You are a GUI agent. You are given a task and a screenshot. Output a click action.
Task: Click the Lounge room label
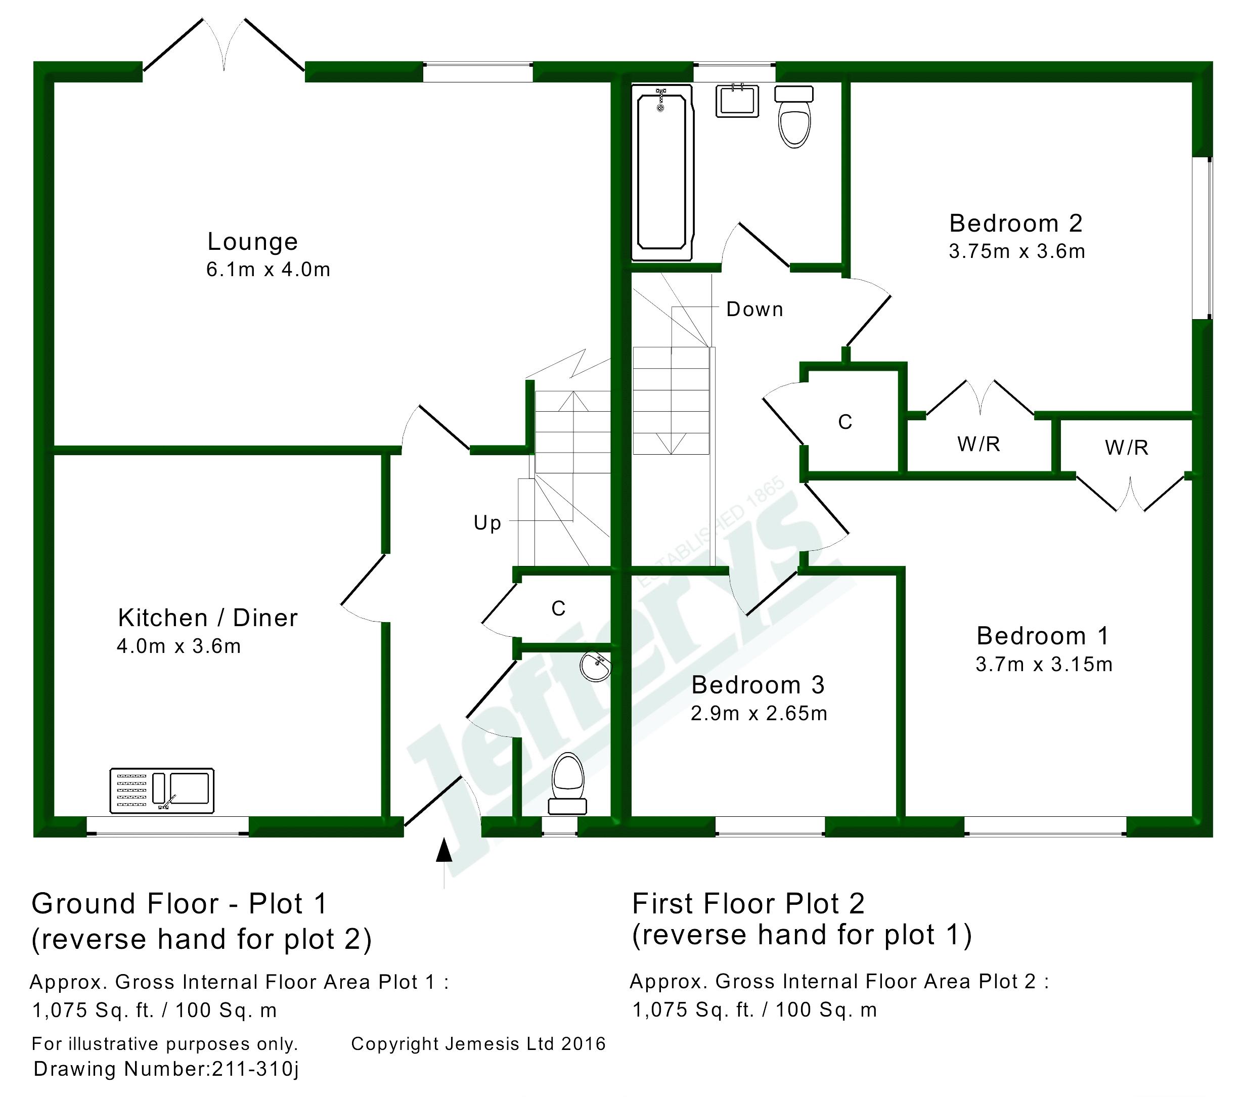(x=252, y=242)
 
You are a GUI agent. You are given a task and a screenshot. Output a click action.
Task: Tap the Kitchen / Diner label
(x=208, y=618)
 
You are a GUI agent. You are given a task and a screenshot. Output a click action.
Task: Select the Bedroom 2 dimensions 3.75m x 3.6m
(x=1016, y=251)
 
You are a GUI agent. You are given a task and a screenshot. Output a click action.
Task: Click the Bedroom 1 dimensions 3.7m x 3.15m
(x=1044, y=664)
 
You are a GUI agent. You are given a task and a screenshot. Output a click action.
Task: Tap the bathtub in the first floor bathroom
(x=662, y=172)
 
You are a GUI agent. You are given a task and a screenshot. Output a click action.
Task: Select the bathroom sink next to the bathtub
(x=737, y=101)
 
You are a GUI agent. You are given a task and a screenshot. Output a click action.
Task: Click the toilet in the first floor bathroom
(x=794, y=116)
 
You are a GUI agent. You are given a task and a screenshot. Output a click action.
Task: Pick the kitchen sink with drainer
(x=162, y=791)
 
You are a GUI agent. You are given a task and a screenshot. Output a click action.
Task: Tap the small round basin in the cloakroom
(x=595, y=667)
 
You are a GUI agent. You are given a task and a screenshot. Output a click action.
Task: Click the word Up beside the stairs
(x=487, y=523)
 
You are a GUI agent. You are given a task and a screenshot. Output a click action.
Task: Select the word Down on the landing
(x=754, y=310)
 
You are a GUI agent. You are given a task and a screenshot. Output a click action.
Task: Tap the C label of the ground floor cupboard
(x=559, y=608)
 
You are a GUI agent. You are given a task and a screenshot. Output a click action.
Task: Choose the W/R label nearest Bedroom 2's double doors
(x=979, y=444)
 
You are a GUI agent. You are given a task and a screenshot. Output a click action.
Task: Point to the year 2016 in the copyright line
(x=584, y=1043)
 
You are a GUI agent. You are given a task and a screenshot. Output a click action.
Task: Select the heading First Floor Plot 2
(x=748, y=903)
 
